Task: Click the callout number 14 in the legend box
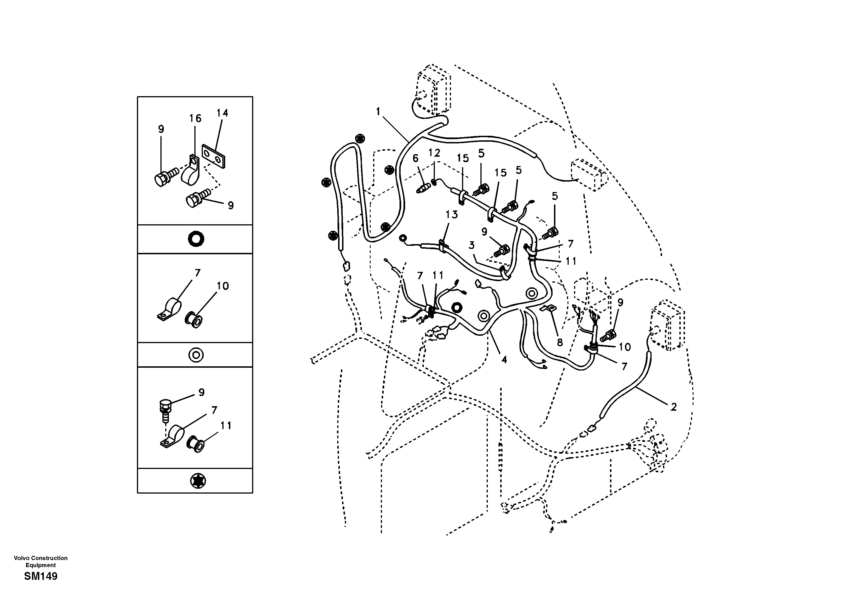click(222, 113)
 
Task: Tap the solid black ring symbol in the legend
click(196, 239)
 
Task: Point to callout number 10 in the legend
click(223, 286)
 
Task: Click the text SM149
click(41, 576)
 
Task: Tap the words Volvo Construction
click(41, 558)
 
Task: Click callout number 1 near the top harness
click(379, 111)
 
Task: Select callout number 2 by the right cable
click(673, 407)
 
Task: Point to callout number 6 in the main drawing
click(415, 158)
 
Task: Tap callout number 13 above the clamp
click(452, 214)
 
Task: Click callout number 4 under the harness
click(504, 360)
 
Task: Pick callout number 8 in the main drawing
click(560, 343)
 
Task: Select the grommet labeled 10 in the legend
click(195, 319)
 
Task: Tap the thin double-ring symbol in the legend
click(196, 355)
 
